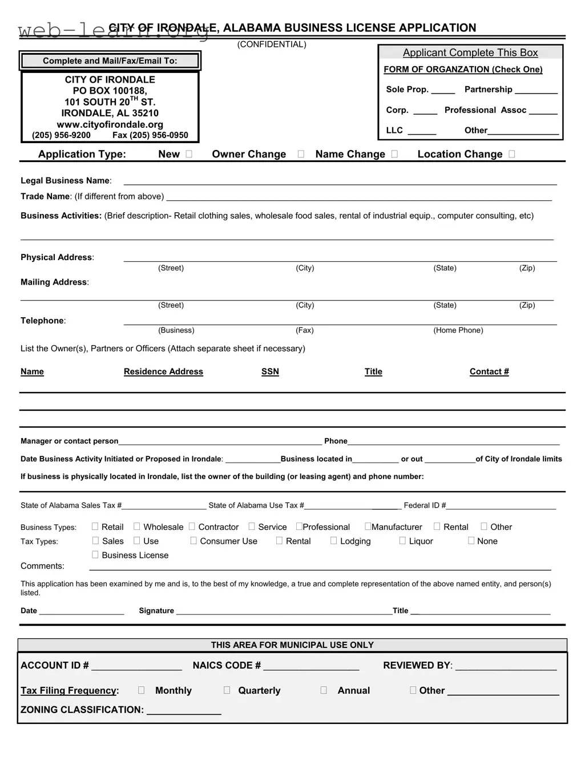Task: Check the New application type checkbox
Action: tap(189, 154)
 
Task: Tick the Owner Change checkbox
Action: tap(301, 154)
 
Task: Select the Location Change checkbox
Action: tap(511, 154)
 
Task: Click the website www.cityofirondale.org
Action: tap(110, 124)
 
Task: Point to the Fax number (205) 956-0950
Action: tap(150, 135)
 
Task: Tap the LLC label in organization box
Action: tap(394, 131)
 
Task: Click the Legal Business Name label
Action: tap(66, 181)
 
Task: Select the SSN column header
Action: tap(270, 372)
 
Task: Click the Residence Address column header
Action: tap(163, 372)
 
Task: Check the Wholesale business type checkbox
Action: tap(137, 527)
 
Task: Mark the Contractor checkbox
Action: tap(192, 527)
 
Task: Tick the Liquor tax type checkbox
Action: tap(402, 541)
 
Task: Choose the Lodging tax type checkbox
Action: tap(334, 541)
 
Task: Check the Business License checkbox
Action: tap(95, 555)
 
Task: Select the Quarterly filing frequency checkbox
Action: tap(227, 690)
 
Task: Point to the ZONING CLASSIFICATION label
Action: tap(82, 710)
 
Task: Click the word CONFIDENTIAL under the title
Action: tap(272, 44)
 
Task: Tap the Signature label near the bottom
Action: tap(156, 611)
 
